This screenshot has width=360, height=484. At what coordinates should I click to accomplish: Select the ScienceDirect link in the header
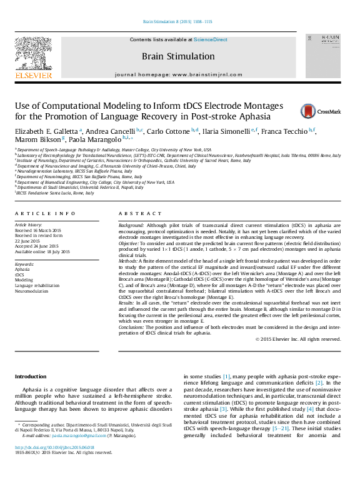[210, 40]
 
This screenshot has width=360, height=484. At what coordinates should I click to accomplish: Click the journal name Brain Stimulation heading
[177, 56]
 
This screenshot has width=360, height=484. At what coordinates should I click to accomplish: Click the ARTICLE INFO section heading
[45, 213]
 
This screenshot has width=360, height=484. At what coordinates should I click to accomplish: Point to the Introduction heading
[30, 376]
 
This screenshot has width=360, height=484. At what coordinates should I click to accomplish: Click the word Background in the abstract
[131, 224]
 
